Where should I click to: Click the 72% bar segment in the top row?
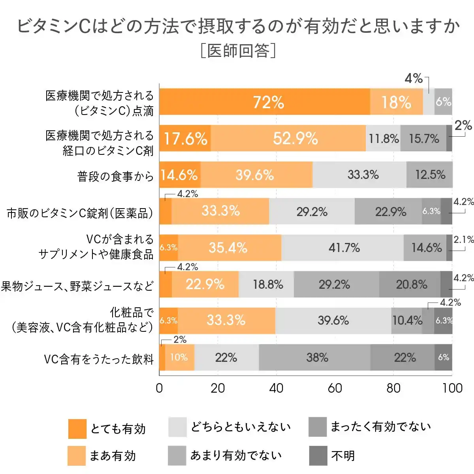[265, 102]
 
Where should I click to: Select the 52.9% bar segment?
[288, 138]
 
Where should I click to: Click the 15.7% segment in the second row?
[423, 138]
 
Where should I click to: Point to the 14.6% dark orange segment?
[180, 175]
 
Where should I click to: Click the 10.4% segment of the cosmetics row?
[407, 320]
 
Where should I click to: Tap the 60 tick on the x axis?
[335, 388]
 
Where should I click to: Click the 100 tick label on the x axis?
[452, 388]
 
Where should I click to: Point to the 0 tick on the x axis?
[159, 388]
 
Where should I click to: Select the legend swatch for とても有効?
[77, 429]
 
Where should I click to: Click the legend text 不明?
[343, 456]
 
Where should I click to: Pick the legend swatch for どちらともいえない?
[177, 427]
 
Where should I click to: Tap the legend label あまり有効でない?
[236, 455]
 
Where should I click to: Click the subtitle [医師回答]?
[238, 51]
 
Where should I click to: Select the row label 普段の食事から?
[115, 176]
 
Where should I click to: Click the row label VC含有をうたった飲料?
[99, 359]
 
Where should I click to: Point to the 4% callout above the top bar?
[414, 79]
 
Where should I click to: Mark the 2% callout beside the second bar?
[463, 126]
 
